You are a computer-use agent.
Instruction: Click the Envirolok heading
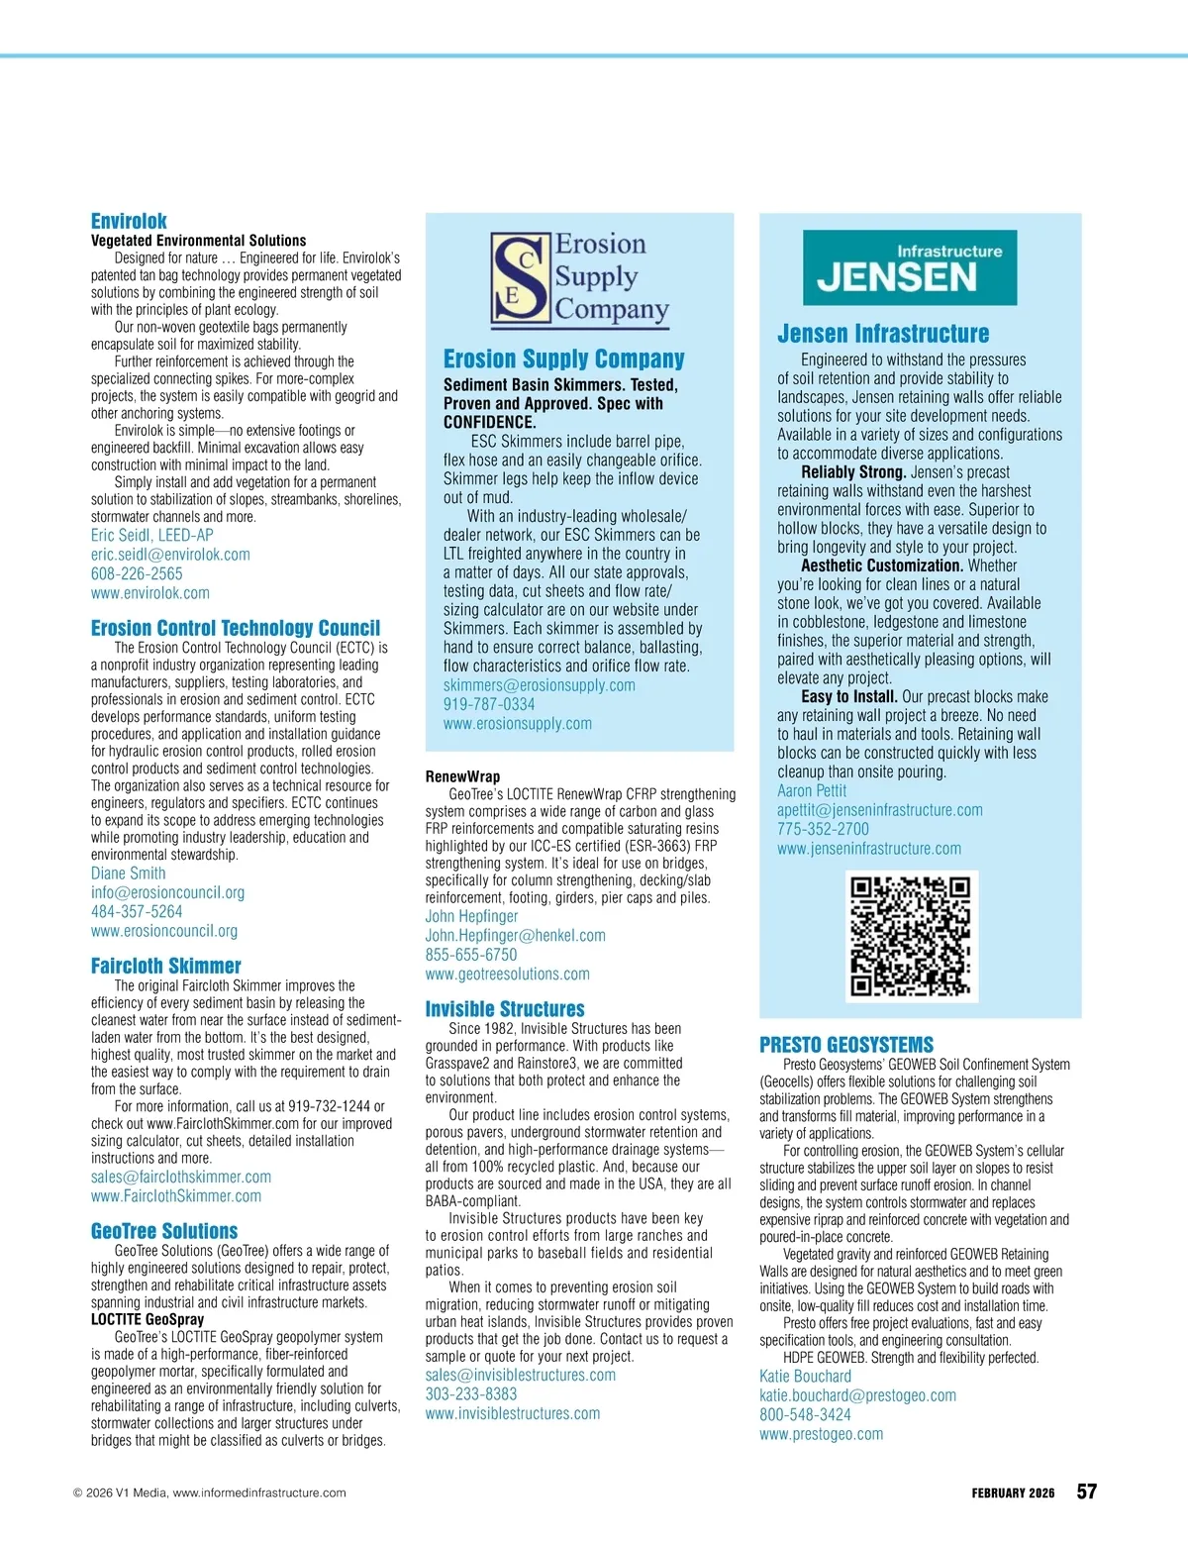pos(129,221)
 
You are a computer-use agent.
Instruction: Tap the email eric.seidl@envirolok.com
pos(170,555)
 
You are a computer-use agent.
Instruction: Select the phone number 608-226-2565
pos(137,573)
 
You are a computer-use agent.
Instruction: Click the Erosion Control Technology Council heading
pos(236,628)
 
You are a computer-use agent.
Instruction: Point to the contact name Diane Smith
pos(129,874)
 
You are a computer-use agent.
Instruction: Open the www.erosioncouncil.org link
pos(164,931)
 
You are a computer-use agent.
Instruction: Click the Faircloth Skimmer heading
pos(166,966)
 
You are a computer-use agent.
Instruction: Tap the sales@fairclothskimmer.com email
pos(181,1177)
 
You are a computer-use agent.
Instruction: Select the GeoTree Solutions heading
pos(164,1231)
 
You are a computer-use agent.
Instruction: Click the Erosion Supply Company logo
pos(580,278)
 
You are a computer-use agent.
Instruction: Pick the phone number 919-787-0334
pos(489,704)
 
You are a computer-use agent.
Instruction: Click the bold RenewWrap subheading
pos(463,776)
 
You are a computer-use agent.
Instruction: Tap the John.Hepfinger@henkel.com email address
pos(516,935)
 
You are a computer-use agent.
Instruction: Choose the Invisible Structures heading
pos(505,1009)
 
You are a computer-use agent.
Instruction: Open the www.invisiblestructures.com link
pos(513,1413)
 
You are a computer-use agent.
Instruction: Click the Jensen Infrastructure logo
pos(910,267)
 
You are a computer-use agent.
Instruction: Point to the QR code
pos(911,936)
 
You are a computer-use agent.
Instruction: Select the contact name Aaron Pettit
pos(812,790)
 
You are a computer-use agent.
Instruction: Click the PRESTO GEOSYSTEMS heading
pos(846,1045)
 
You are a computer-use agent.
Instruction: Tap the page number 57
pos(1087,1492)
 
